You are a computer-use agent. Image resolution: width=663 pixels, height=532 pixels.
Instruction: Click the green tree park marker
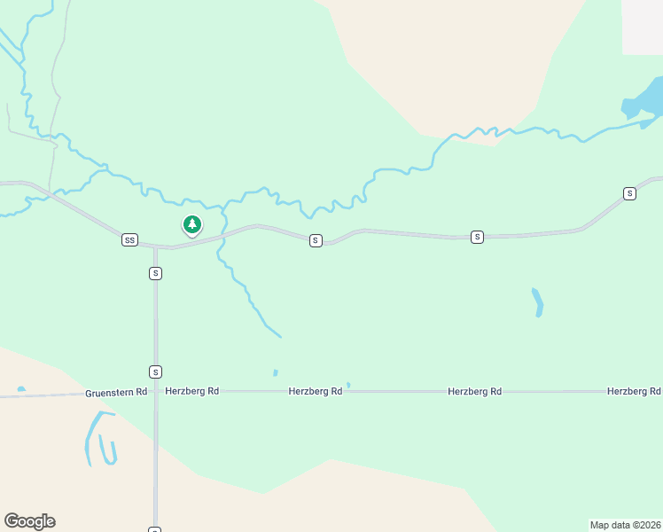[191, 224]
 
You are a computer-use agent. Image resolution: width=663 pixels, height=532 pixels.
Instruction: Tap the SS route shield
[130, 240]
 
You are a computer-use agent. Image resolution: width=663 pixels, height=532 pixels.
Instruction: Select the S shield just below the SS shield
[155, 274]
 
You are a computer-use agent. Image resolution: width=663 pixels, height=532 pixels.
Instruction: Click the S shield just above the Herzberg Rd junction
[155, 372]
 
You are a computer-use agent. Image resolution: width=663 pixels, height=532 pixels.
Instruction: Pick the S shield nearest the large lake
[629, 193]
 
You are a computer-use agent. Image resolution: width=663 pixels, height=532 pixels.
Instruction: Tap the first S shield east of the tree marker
[315, 240]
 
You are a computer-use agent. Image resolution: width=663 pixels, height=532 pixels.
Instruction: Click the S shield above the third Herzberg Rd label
[477, 237]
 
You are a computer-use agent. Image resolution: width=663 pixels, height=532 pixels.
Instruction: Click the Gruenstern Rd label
[116, 392]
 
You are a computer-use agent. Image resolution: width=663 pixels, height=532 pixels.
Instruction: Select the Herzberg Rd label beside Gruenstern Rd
[191, 391]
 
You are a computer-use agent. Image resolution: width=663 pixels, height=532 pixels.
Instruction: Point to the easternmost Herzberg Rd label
[634, 391]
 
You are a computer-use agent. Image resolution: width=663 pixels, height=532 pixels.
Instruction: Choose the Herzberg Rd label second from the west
[315, 391]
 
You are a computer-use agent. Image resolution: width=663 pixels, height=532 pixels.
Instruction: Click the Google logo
[29, 521]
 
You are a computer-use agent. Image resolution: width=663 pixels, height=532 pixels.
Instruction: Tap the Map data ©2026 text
[625, 525]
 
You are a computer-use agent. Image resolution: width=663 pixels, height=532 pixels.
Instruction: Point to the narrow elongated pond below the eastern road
[537, 302]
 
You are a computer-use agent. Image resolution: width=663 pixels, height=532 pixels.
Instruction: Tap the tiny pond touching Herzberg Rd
[348, 385]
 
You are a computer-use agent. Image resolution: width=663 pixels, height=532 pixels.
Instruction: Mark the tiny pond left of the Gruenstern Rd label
[20, 388]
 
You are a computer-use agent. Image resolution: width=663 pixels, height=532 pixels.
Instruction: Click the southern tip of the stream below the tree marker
[280, 336]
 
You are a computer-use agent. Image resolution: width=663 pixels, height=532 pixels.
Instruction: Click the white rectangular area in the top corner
[642, 27]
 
